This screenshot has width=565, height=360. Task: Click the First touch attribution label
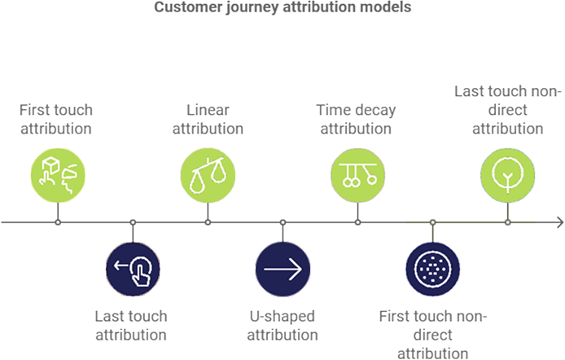point(56,119)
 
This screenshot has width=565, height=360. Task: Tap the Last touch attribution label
point(132,324)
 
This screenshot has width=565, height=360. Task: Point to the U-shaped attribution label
point(282,324)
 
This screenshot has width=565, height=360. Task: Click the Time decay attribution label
point(357,119)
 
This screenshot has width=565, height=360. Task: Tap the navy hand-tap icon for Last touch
point(134,269)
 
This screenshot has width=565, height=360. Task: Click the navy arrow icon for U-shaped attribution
point(282,269)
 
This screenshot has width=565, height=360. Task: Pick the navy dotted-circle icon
point(432,269)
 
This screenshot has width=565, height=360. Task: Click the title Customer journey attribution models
point(282,7)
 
